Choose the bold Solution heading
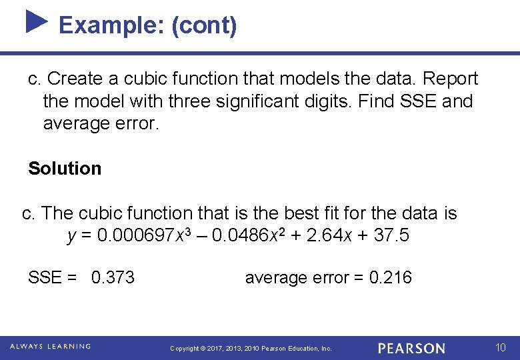tap(65, 168)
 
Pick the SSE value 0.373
tap(113, 277)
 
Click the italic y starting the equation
tap(72, 237)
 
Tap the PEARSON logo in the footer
tap(411, 348)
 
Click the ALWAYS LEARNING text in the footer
tap(51, 347)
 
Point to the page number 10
tap(501, 347)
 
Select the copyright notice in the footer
tap(251, 349)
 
